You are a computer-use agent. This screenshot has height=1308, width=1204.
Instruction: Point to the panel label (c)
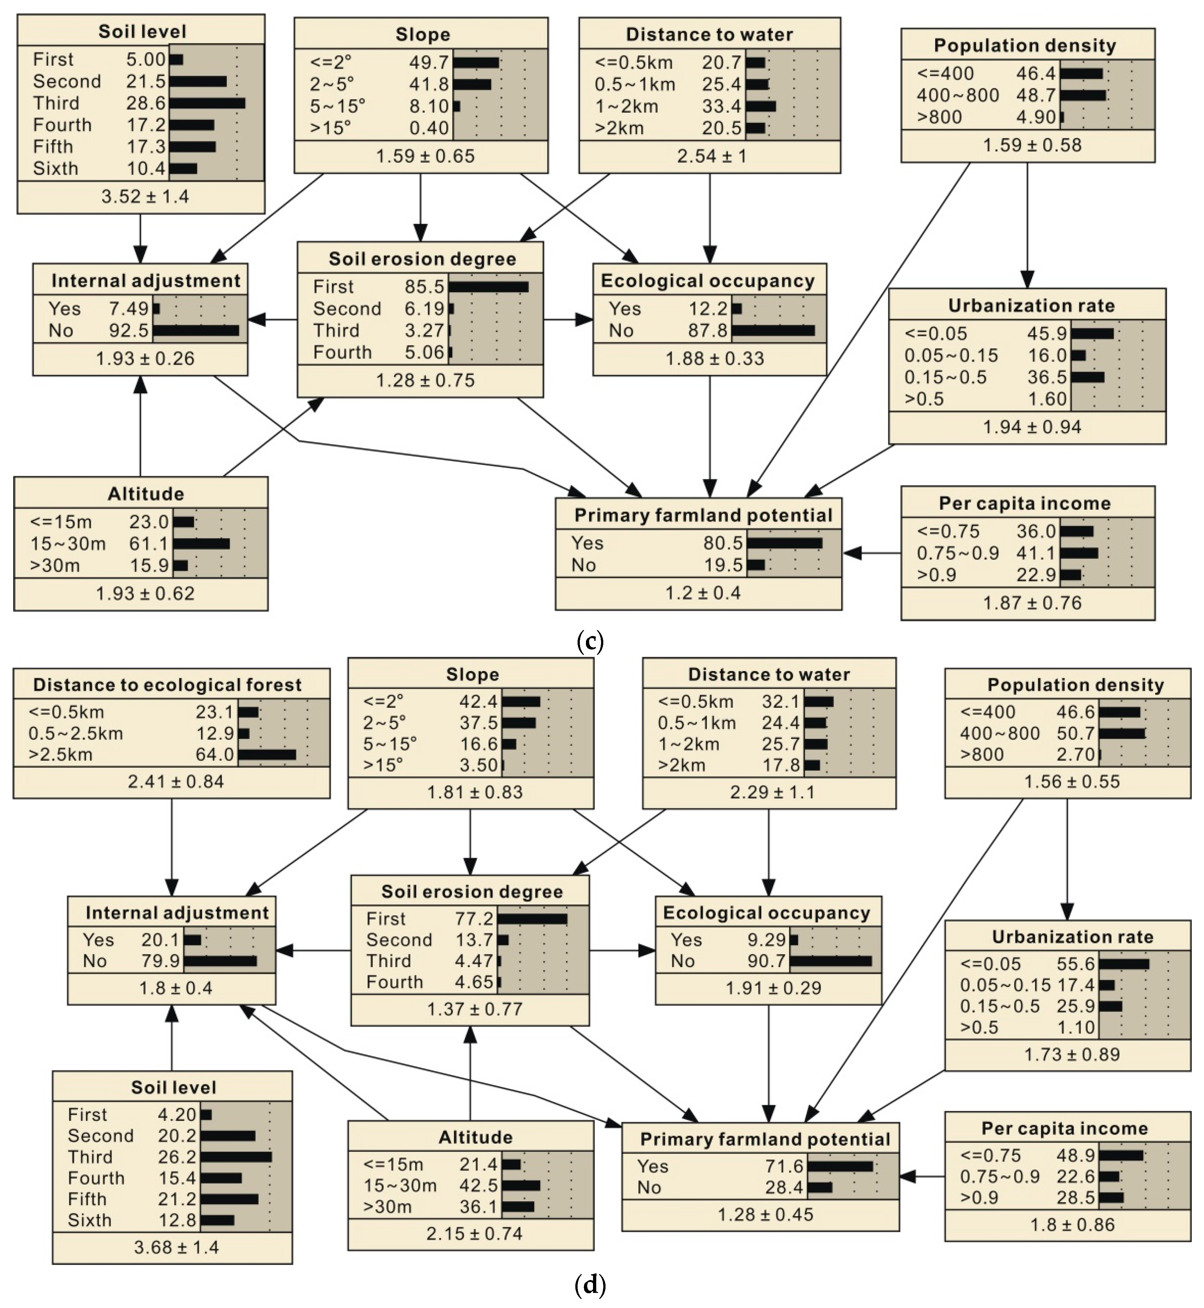point(590,642)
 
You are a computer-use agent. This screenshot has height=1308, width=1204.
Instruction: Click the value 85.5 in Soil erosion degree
point(424,287)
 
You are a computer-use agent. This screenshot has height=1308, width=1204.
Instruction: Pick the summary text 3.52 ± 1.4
point(145,196)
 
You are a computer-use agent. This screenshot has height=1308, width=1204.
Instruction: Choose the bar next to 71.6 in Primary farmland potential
point(840,1166)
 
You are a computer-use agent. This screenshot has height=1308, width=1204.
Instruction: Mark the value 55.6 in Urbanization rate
point(1076,964)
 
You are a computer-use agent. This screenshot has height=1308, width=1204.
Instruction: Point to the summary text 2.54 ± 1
point(712,156)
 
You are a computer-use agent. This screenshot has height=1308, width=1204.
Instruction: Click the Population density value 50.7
point(1076,733)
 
